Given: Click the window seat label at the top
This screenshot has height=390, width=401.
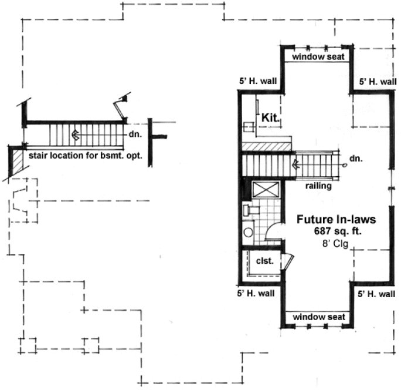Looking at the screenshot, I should (x=317, y=57).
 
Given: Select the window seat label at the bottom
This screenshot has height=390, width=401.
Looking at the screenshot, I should (x=317, y=317).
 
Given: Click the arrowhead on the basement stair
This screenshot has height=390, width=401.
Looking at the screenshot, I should (x=75, y=134).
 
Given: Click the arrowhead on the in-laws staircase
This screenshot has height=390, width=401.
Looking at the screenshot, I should (x=294, y=165).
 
